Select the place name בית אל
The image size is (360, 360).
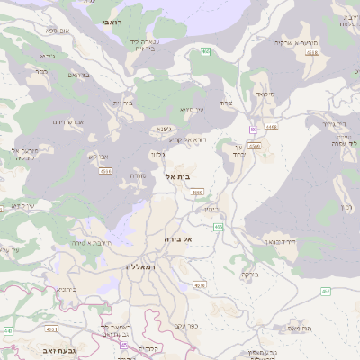[x=178, y=176]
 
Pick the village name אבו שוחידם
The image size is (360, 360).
[x=67, y=121]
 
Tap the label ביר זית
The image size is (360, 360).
[x=122, y=103]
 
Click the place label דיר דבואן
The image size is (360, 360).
[x=281, y=241]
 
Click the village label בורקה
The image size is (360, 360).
[x=249, y=274]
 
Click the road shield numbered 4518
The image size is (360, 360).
[x=311, y=53]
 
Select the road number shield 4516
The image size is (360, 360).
[x=106, y=169]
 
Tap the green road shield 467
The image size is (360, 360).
[x=325, y=291]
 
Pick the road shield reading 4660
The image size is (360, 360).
[x=197, y=192]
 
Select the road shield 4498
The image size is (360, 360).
[x=272, y=128]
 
